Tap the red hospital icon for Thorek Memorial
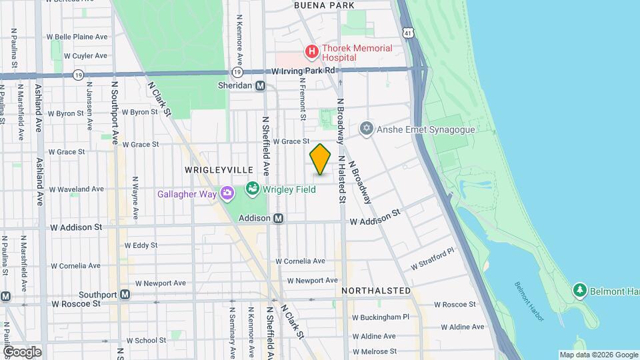tap(311, 51)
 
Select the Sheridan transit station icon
tap(261, 85)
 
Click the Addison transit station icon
tap(279, 218)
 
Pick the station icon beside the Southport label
tap(125, 295)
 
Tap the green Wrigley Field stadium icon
tap(253, 189)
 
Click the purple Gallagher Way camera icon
tap(227, 193)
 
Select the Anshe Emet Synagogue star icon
tap(365, 129)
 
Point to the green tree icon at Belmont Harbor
tap(580, 291)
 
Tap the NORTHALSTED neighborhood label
tap(376, 291)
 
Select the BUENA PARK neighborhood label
tap(324, 5)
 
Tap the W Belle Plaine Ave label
tap(77, 37)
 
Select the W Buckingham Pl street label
tap(381, 317)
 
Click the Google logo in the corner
tap(22, 351)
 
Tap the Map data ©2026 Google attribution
tap(598, 355)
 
